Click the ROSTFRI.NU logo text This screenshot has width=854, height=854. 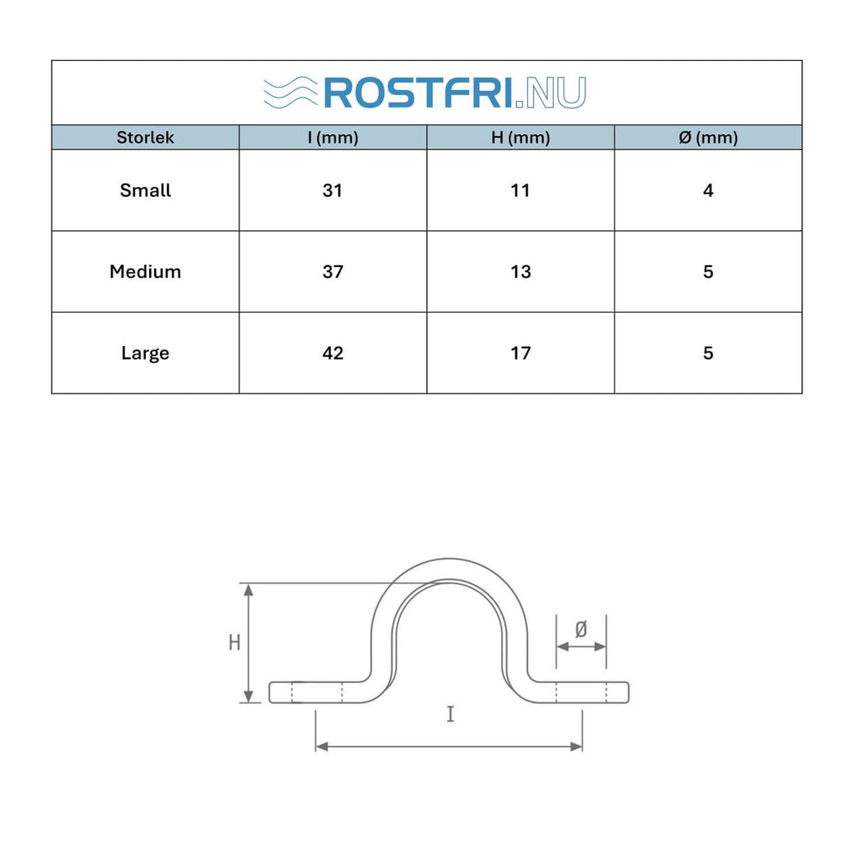455,93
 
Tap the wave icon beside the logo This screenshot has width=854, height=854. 289,93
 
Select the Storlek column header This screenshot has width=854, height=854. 145,138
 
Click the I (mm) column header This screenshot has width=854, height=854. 333,138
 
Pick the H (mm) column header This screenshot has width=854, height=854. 520,138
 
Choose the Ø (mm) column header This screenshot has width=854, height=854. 708,138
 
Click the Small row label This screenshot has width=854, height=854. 145,190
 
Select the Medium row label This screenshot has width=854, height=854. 145,272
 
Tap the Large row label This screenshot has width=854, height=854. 145,353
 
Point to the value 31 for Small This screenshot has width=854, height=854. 333,190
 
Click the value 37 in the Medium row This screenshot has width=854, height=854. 333,272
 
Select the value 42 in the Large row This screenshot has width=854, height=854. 333,353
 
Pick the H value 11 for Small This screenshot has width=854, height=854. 520,190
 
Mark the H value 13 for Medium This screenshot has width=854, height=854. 520,272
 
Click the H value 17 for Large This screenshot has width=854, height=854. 520,353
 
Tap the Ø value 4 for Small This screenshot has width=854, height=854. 708,190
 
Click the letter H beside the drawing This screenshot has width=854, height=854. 235,642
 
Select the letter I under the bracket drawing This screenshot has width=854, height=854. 450,714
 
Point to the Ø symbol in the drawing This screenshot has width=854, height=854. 581,630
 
